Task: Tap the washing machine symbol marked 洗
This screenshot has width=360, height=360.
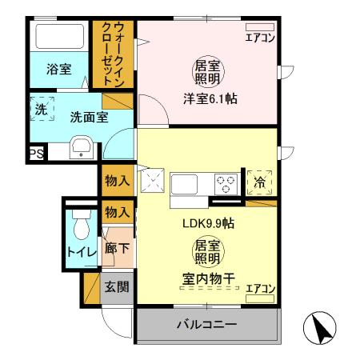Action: [x=41, y=109]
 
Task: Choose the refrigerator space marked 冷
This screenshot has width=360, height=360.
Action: [x=259, y=182]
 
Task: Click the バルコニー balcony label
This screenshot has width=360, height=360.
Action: [x=206, y=326]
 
